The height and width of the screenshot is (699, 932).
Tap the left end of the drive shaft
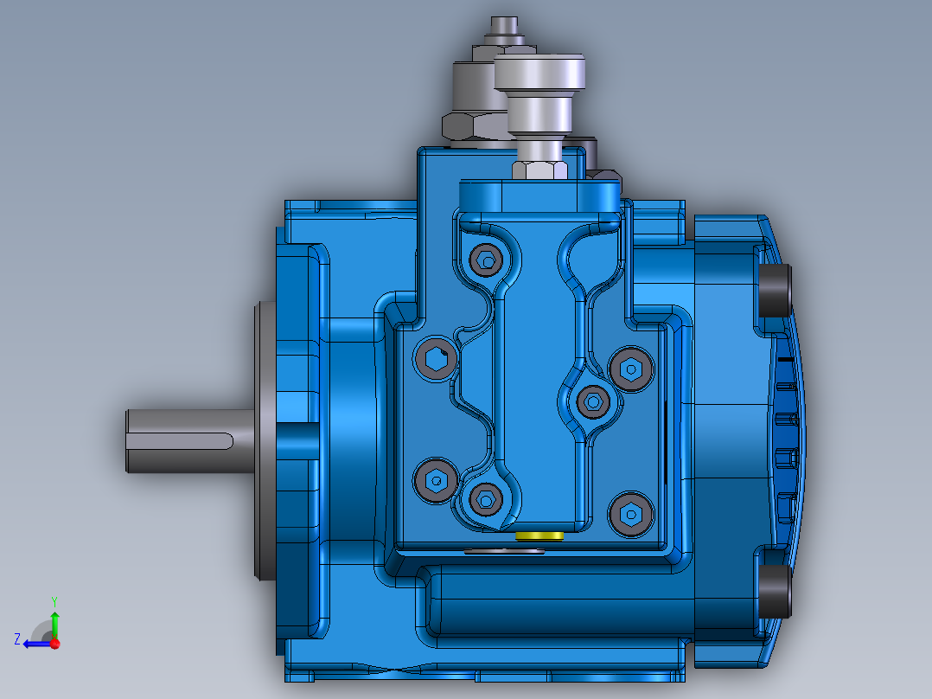pyautogui.click(x=131, y=441)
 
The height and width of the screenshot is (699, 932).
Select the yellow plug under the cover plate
pyautogui.click(x=539, y=536)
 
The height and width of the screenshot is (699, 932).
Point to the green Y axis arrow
pyautogui.click(x=54, y=622)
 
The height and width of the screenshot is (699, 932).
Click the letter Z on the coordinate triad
pyautogui.click(x=17, y=639)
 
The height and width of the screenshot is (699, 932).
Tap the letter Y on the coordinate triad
pyautogui.click(x=54, y=600)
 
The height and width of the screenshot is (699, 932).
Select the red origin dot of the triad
pyautogui.click(x=54, y=644)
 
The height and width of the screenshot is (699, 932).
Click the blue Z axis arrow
pyautogui.click(x=35, y=644)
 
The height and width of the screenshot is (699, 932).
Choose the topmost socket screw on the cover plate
pyautogui.click(x=487, y=259)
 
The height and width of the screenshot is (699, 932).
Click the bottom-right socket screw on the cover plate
pyautogui.click(x=629, y=514)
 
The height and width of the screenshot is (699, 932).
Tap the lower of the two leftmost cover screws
pyautogui.click(x=434, y=478)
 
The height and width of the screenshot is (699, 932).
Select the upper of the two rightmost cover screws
pyautogui.click(x=629, y=370)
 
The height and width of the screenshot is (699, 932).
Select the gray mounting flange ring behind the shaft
pyautogui.click(x=264, y=441)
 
